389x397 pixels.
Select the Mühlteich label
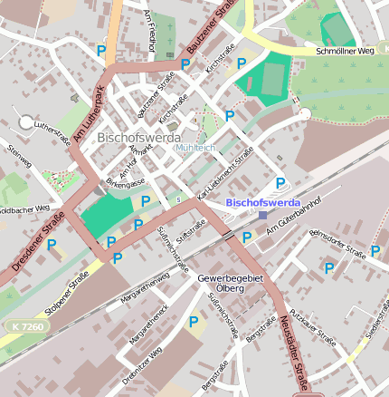[x=194, y=147]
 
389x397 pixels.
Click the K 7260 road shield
[x=27, y=324]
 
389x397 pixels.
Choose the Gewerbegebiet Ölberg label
[x=230, y=284]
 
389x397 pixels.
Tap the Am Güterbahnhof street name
[x=294, y=228]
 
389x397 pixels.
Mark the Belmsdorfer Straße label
[x=337, y=242]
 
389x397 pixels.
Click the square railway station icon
[x=262, y=215]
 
